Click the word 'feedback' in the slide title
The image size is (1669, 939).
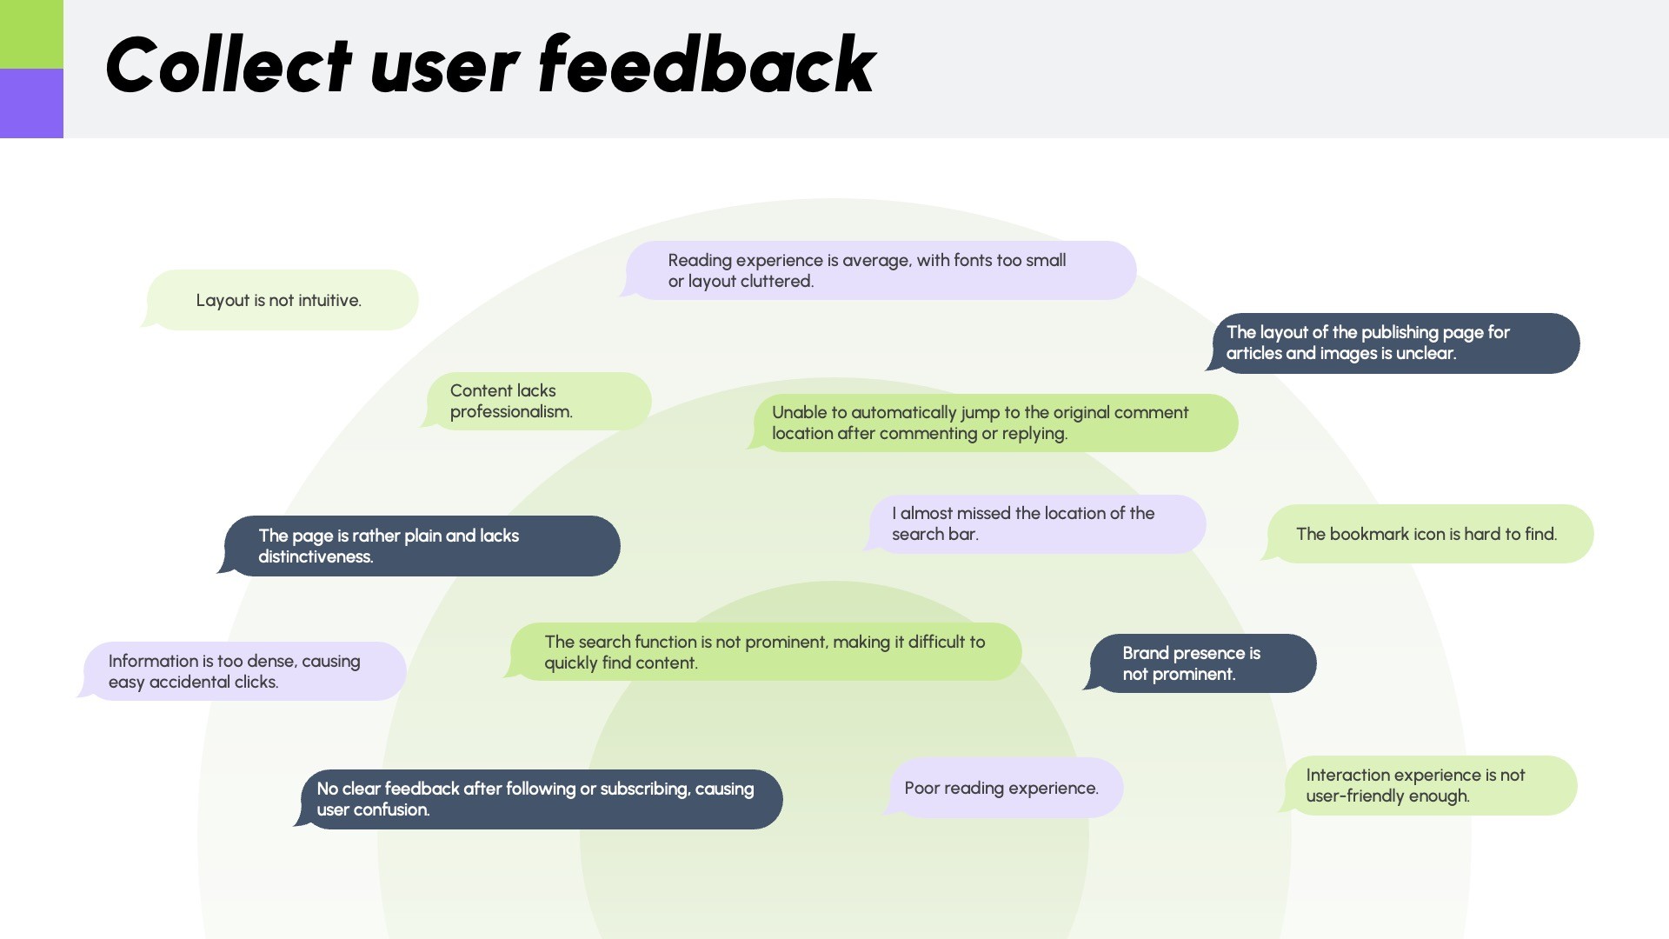706,66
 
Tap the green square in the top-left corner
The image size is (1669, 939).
31,34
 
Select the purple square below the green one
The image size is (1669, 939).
31,103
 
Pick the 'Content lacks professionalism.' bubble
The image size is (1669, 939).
539,402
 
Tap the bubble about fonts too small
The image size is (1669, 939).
880,271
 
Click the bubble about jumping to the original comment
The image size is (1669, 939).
994,423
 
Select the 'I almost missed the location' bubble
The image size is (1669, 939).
1036,524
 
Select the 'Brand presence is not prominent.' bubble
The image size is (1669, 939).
1202,664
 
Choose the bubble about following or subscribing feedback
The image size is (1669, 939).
539,800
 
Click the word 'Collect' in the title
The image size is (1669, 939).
228,66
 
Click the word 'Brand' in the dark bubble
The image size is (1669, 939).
1145,654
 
